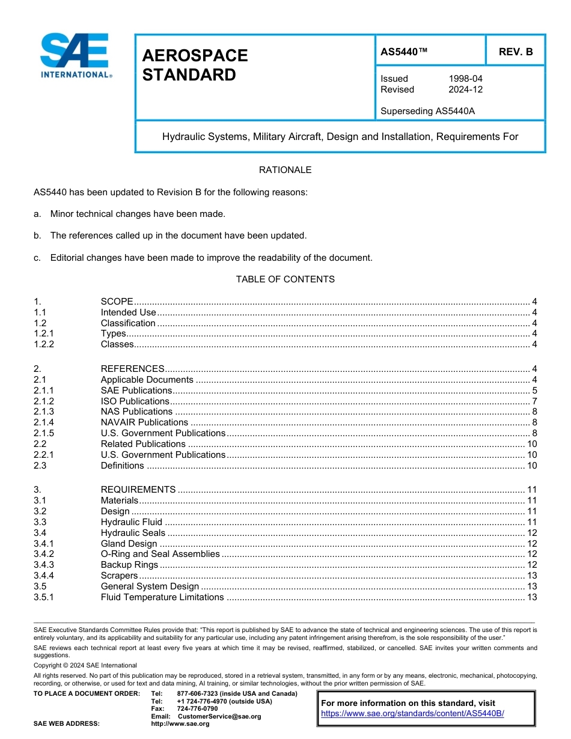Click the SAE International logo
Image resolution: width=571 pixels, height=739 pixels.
(x=75, y=55)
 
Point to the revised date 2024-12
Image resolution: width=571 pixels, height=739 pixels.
(x=465, y=90)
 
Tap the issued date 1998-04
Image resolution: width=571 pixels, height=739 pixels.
(x=465, y=79)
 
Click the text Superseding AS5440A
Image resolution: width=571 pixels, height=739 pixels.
(x=423, y=111)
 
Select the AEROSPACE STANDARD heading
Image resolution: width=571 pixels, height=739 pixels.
(x=195, y=65)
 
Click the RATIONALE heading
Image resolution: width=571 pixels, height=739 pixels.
(x=285, y=170)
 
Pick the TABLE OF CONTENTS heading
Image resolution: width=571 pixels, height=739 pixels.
(x=285, y=279)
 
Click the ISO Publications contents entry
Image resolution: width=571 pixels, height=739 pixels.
(x=135, y=401)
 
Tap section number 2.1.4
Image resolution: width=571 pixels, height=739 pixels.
(x=44, y=422)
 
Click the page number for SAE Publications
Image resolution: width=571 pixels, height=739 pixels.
(x=534, y=391)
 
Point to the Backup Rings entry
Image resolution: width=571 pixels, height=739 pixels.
(x=129, y=565)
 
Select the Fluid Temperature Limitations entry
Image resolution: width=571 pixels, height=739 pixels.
(x=162, y=597)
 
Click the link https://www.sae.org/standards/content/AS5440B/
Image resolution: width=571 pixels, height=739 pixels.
(x=412, y=713)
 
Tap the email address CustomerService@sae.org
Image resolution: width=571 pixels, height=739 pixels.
(x=219, y=716)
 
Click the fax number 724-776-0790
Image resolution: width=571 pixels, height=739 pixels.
(x=197, y=709)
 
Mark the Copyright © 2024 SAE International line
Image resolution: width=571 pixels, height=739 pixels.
(x=85, y=665)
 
